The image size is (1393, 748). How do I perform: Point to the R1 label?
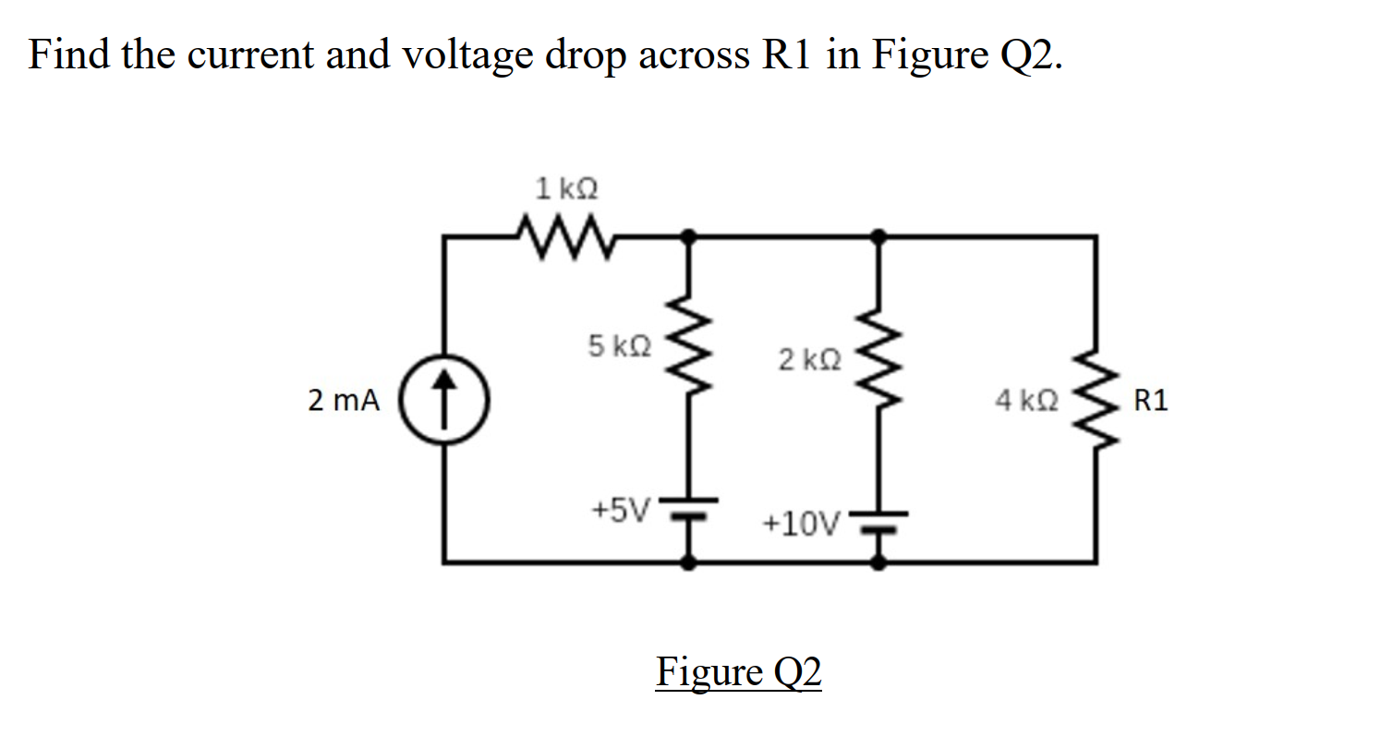click(1150, 402)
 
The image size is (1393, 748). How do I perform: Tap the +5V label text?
click(621, 509)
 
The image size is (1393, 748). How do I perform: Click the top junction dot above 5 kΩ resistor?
click(688, 235)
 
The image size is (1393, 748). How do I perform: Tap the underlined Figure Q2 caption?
click(738, 672)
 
